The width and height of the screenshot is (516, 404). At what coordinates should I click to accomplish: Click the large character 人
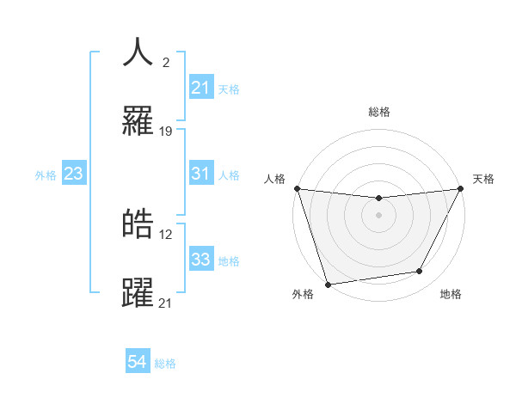point(138,52)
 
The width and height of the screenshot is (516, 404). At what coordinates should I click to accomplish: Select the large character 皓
point(138,223)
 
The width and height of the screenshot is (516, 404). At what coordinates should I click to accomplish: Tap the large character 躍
point(138,291)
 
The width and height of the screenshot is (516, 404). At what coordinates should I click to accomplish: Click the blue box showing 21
point(200,88)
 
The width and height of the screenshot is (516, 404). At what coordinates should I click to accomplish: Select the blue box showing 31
point(200,174)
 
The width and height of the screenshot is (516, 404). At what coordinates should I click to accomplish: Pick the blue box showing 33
point(200,260)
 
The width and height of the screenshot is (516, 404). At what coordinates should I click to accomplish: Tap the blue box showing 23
point(74,174)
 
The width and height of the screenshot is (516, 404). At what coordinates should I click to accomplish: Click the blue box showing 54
point(138,363)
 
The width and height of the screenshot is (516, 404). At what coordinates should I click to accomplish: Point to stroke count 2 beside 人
point(165,63)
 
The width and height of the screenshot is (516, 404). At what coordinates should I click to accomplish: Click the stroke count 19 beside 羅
point(167,132)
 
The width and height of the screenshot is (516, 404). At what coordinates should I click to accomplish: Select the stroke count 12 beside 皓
point(166,234)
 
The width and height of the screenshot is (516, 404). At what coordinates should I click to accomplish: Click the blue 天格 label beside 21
point(229,89)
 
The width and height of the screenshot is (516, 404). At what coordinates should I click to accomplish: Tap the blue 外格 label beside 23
point(46,174)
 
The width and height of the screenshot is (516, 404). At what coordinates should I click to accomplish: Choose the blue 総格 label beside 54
point(165,364)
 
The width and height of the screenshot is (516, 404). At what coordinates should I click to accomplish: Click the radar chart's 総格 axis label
point(379,113)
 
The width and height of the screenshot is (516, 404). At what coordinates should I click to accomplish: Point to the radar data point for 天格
point(461,189)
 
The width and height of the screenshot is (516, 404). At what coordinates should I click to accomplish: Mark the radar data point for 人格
point(297,188)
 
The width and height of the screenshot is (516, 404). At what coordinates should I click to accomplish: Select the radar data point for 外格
point(328,284)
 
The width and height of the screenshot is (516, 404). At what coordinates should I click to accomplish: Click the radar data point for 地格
point(420,272)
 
